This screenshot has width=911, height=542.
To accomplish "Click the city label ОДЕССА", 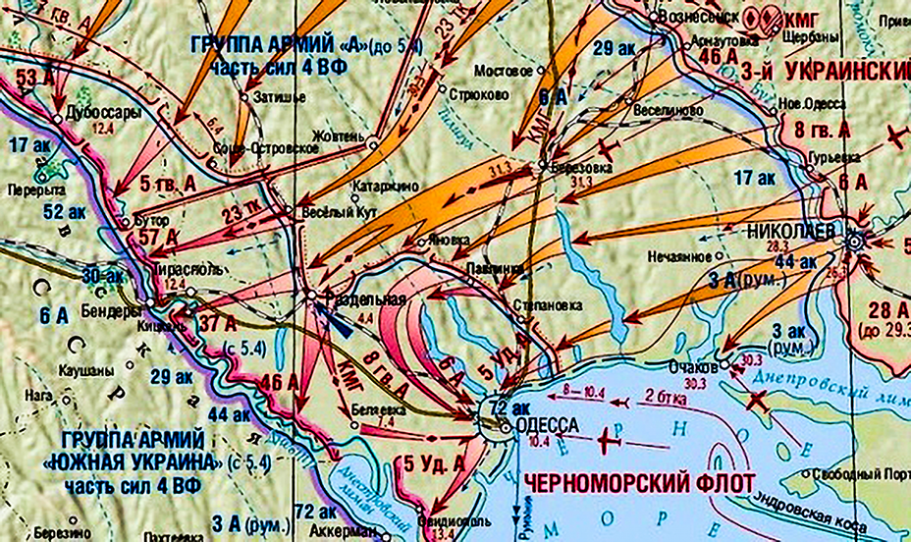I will point(539,426).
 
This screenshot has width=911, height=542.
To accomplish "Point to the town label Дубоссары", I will point(102,111).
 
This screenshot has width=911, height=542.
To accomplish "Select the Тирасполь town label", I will point(185,267).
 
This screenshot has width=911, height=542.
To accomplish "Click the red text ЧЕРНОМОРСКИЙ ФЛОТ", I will point(639,482).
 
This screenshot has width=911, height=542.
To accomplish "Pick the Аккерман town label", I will point(343,531).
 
